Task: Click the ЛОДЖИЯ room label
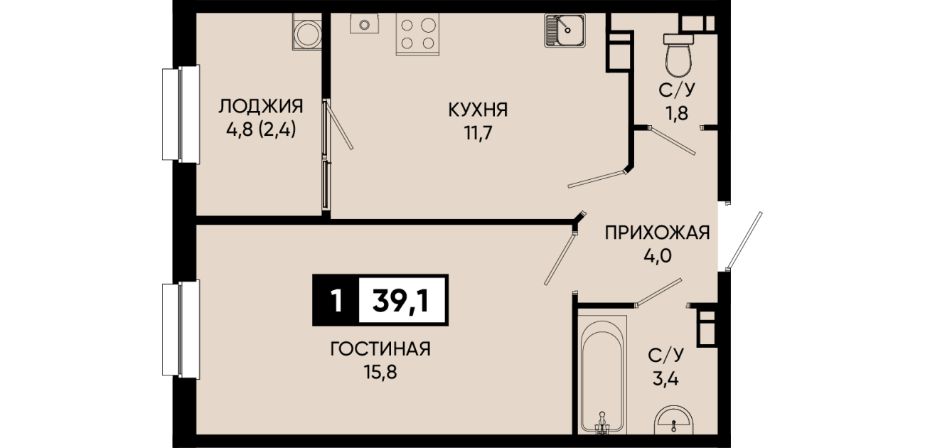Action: click(260, 107)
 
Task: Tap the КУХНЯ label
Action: click(478, 110)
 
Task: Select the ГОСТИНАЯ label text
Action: click(380, 349)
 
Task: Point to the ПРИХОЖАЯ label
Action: click(658, 233)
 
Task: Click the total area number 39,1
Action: click(401, 301)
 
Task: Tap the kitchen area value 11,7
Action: click(478, 133)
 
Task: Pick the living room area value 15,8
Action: click(380, 373)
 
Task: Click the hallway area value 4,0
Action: click(658, 256)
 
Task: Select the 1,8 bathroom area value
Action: click(677, 113)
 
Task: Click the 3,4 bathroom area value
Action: click(665, 378)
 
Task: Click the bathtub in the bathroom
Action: click(601, 374)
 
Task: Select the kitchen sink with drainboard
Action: click(565, 30)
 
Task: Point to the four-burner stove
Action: click(417, 34)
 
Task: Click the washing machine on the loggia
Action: click(307, 31)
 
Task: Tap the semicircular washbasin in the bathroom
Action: click(673, 420)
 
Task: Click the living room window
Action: click(181, 329)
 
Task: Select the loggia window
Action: click(181, 114)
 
